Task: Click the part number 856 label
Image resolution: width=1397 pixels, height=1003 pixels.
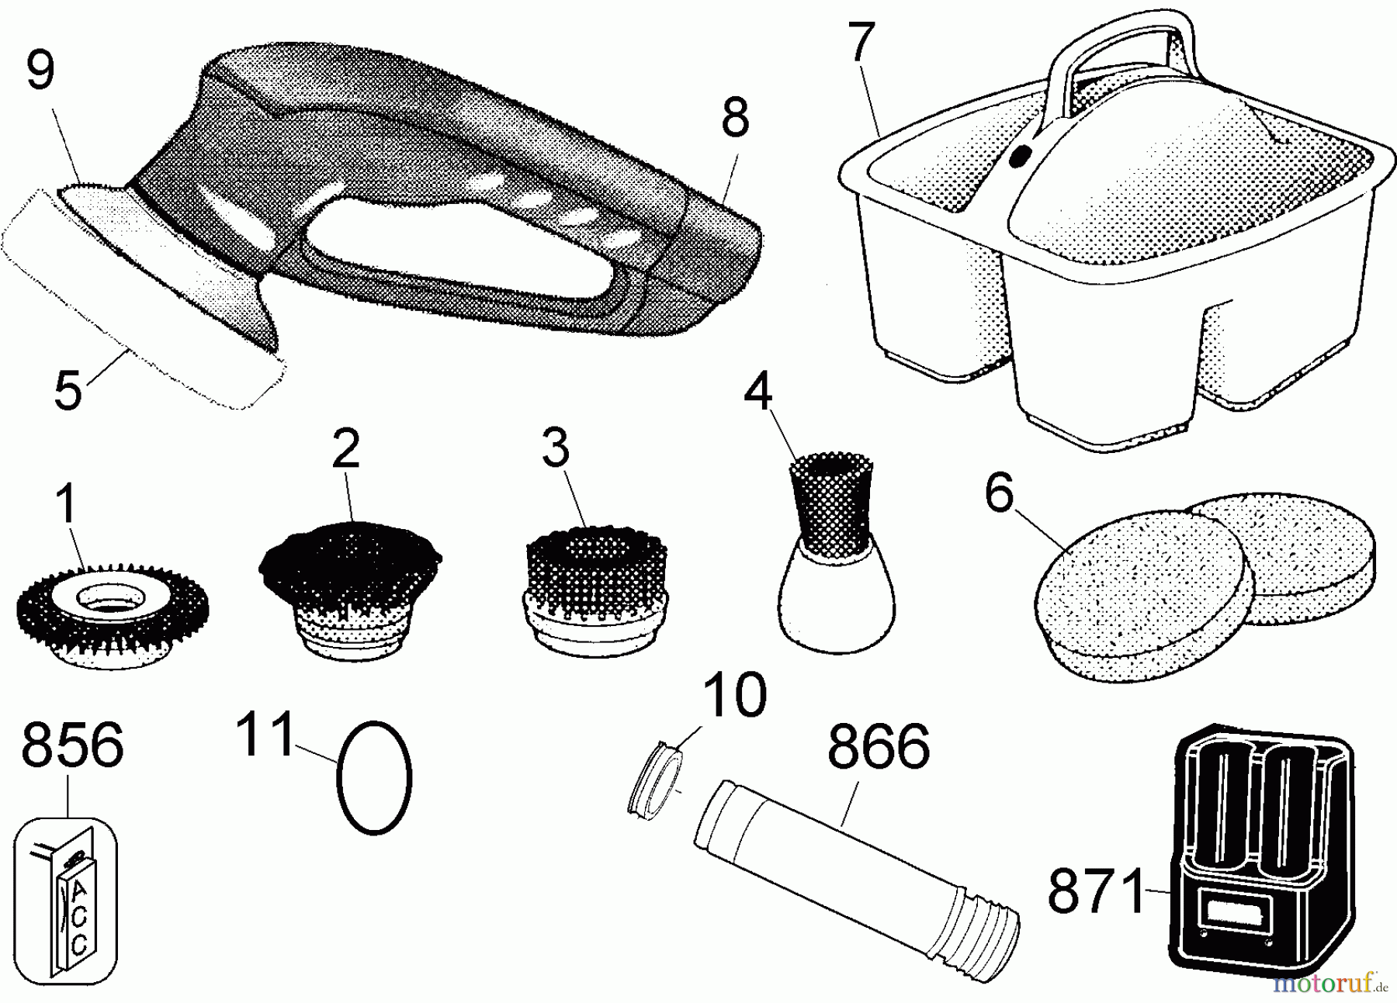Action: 72,745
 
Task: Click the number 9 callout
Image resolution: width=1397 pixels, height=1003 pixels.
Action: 40,71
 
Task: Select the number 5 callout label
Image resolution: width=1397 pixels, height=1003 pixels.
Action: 68,390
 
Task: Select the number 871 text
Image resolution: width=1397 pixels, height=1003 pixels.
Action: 1096,891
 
